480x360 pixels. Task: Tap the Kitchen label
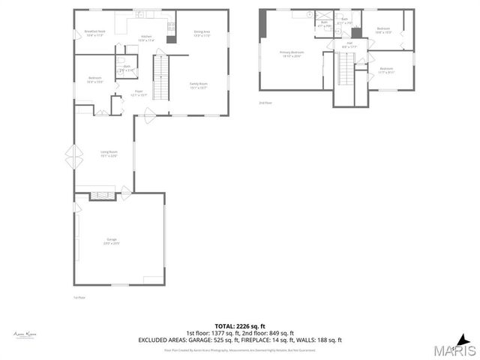point(146,37)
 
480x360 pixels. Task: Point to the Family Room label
point(199,85)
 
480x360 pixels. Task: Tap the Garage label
point(111,241)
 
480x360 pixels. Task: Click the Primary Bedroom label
point(290,54)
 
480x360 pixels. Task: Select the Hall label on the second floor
point(349,45)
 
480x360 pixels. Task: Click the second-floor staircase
point(345,73)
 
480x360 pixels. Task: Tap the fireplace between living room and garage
point(100,196)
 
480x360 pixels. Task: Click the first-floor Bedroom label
point(95,79)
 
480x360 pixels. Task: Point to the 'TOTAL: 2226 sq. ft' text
point(239,326)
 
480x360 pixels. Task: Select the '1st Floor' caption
point(77,297)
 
